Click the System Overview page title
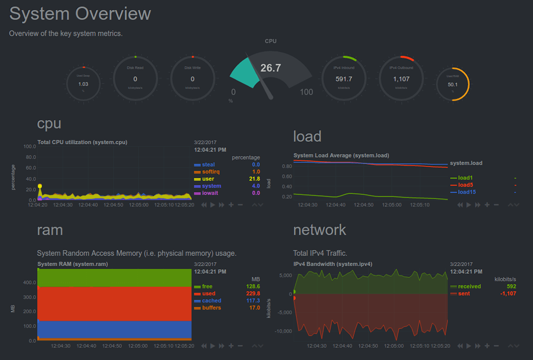pyautogui.click(x=80, y=14)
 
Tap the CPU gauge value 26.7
pyautogui.click(x=271, y=68)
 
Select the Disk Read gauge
pyautogui.click(x=135, y=79)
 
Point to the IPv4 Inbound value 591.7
pyautogui.click(x=344, y=79)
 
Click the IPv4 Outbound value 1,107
pyautogui.click(x=401, y=79)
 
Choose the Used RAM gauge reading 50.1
pyautogui.click(x=452, y=85)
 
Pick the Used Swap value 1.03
pyautogui.click(x=83, y=84)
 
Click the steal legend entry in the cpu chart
pyautogui.click(x=208, y=165)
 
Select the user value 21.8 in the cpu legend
pyautogui.click(x=254, y=179)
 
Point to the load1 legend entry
pyautogui.click(x=465, y=177)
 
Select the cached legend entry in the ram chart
pyautogui.click(x=211, y=301)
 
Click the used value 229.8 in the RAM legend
pyautogui.click(x=252, y=294)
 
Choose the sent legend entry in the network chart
pyautogui.click(x=464, y=294)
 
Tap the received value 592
pyautogui.click(x=512, y=287)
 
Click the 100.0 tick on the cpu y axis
pyautogui.click(x=30, y=146)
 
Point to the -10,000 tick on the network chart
pyautogui.click(x=283, y=331)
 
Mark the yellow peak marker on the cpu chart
pyautogui.click(x=40, y=187)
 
